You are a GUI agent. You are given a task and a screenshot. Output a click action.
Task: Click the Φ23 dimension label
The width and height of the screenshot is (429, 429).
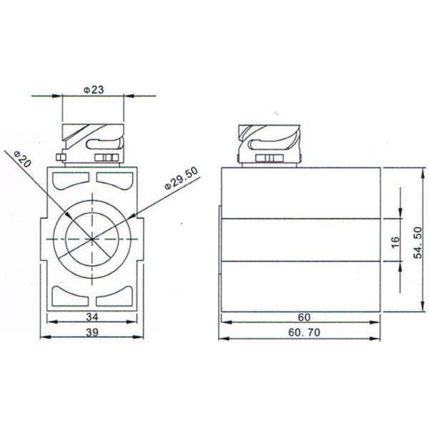[x=94, y=90]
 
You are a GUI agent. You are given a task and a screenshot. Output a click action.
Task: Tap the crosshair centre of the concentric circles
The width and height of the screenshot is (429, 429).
[x=93, y=237]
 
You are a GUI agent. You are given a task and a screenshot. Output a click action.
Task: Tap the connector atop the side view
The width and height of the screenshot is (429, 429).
[x=268, y=143]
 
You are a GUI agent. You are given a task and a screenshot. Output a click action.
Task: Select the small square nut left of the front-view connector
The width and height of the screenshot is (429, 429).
[x=62, y=157]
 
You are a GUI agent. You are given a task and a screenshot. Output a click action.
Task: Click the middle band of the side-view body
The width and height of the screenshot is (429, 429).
[x=300, y=240]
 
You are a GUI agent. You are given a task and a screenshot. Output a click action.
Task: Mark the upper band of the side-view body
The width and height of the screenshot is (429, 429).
[x=300, y=193]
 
